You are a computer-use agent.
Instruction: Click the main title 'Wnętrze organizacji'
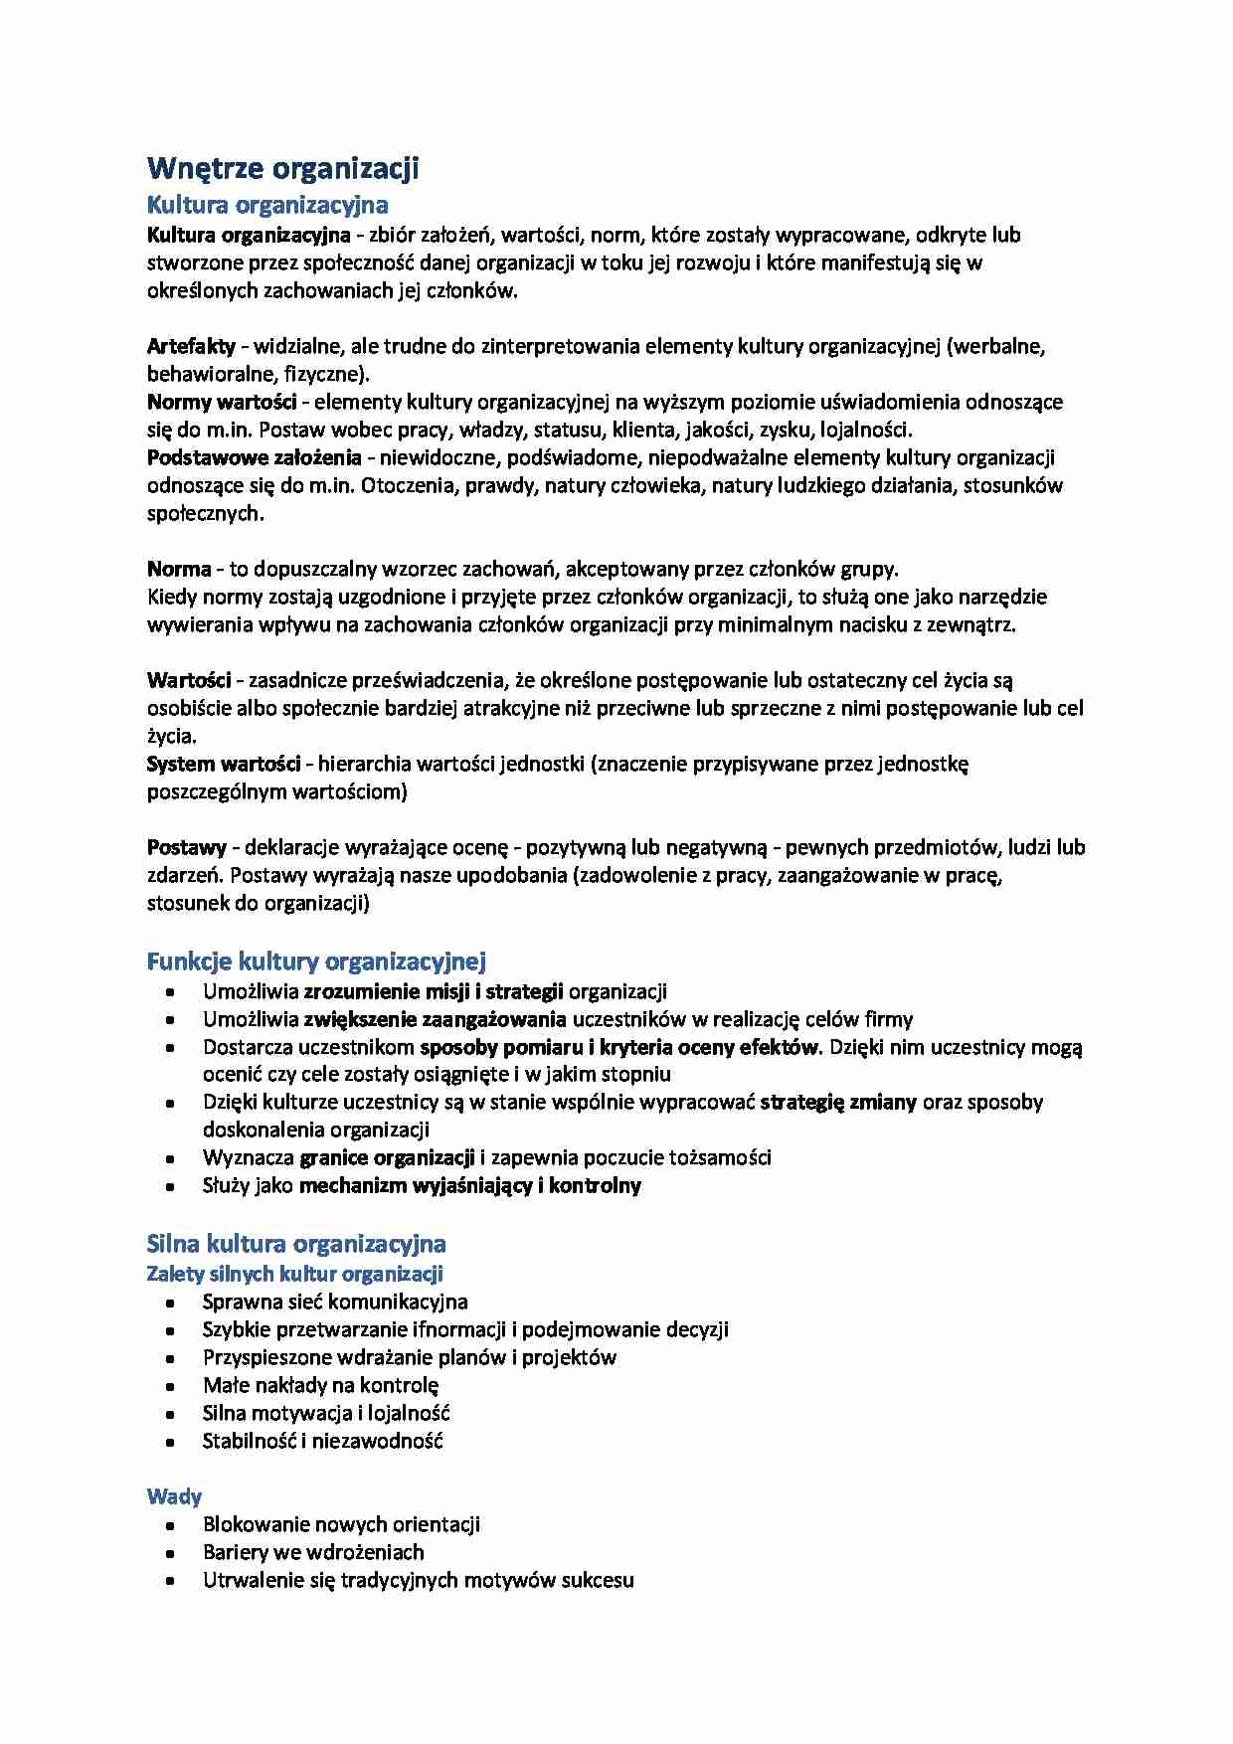(x=282, y=169)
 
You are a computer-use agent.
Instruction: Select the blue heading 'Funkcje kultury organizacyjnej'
(x=316, y=961)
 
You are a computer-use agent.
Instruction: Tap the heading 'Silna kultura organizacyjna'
(x=296, y=1244)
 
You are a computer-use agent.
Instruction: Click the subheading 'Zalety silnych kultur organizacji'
(x=294, y=1274)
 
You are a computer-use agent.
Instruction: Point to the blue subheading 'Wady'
(x=174, y=1496)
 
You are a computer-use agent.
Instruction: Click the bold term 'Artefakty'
(x=191, y=347)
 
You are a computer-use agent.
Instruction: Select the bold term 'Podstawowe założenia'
(x=254, y=458)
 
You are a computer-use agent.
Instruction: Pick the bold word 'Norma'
(x=179, y=570)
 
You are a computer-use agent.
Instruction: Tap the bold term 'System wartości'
(x=224, y=765)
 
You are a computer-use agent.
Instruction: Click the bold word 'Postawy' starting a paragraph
(x=187, y=848)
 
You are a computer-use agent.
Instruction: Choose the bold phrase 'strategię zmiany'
(x=838, y=1102)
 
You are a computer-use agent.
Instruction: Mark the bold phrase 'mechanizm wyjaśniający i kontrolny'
(x=469, y=1185)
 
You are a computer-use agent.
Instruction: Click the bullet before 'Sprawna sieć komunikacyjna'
(x=172, y=1303)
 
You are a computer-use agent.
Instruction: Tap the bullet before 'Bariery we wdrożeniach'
(x=172, y=1553)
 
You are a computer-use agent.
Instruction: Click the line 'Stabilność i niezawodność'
(x=322, y=1441)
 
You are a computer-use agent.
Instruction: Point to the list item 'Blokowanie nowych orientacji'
(x=341, y=1524)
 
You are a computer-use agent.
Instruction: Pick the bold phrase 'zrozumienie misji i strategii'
(x=434, y=991)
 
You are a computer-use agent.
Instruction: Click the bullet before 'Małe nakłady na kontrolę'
(x=172, y=1386)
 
